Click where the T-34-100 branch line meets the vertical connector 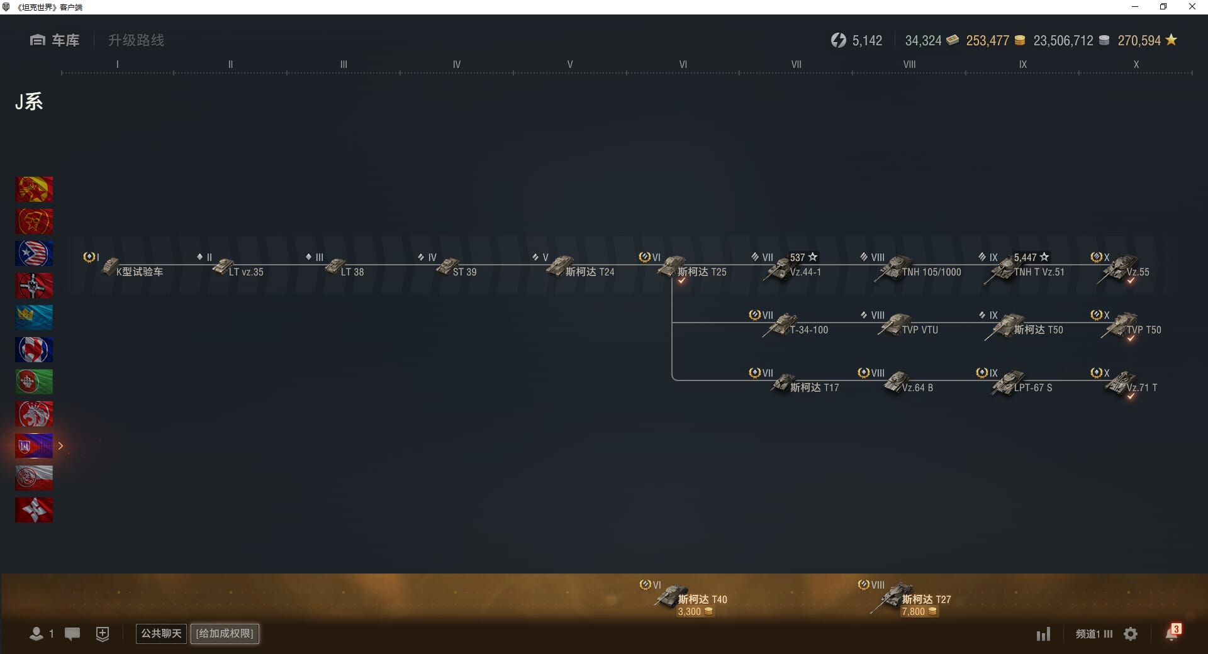[672, 323]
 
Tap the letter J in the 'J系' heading [20, 102]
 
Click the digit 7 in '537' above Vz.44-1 [802, 257]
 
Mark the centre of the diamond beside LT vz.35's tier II [200, 257]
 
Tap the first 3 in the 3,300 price [681, 612]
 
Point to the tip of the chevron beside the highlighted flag [63, 446]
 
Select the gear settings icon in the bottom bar [1131, 634]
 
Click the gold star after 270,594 [1171, 40]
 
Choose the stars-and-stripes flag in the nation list [34, 253]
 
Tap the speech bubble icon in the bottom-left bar [72, 634]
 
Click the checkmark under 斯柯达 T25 [681, 280]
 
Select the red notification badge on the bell [1176, 629]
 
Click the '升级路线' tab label [136, 40]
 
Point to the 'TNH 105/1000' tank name [931, 272]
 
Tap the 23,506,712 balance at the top [1063, 41]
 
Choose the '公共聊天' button [161, 633]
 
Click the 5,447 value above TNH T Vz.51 [1025, 257]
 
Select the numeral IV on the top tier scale [457, 64]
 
